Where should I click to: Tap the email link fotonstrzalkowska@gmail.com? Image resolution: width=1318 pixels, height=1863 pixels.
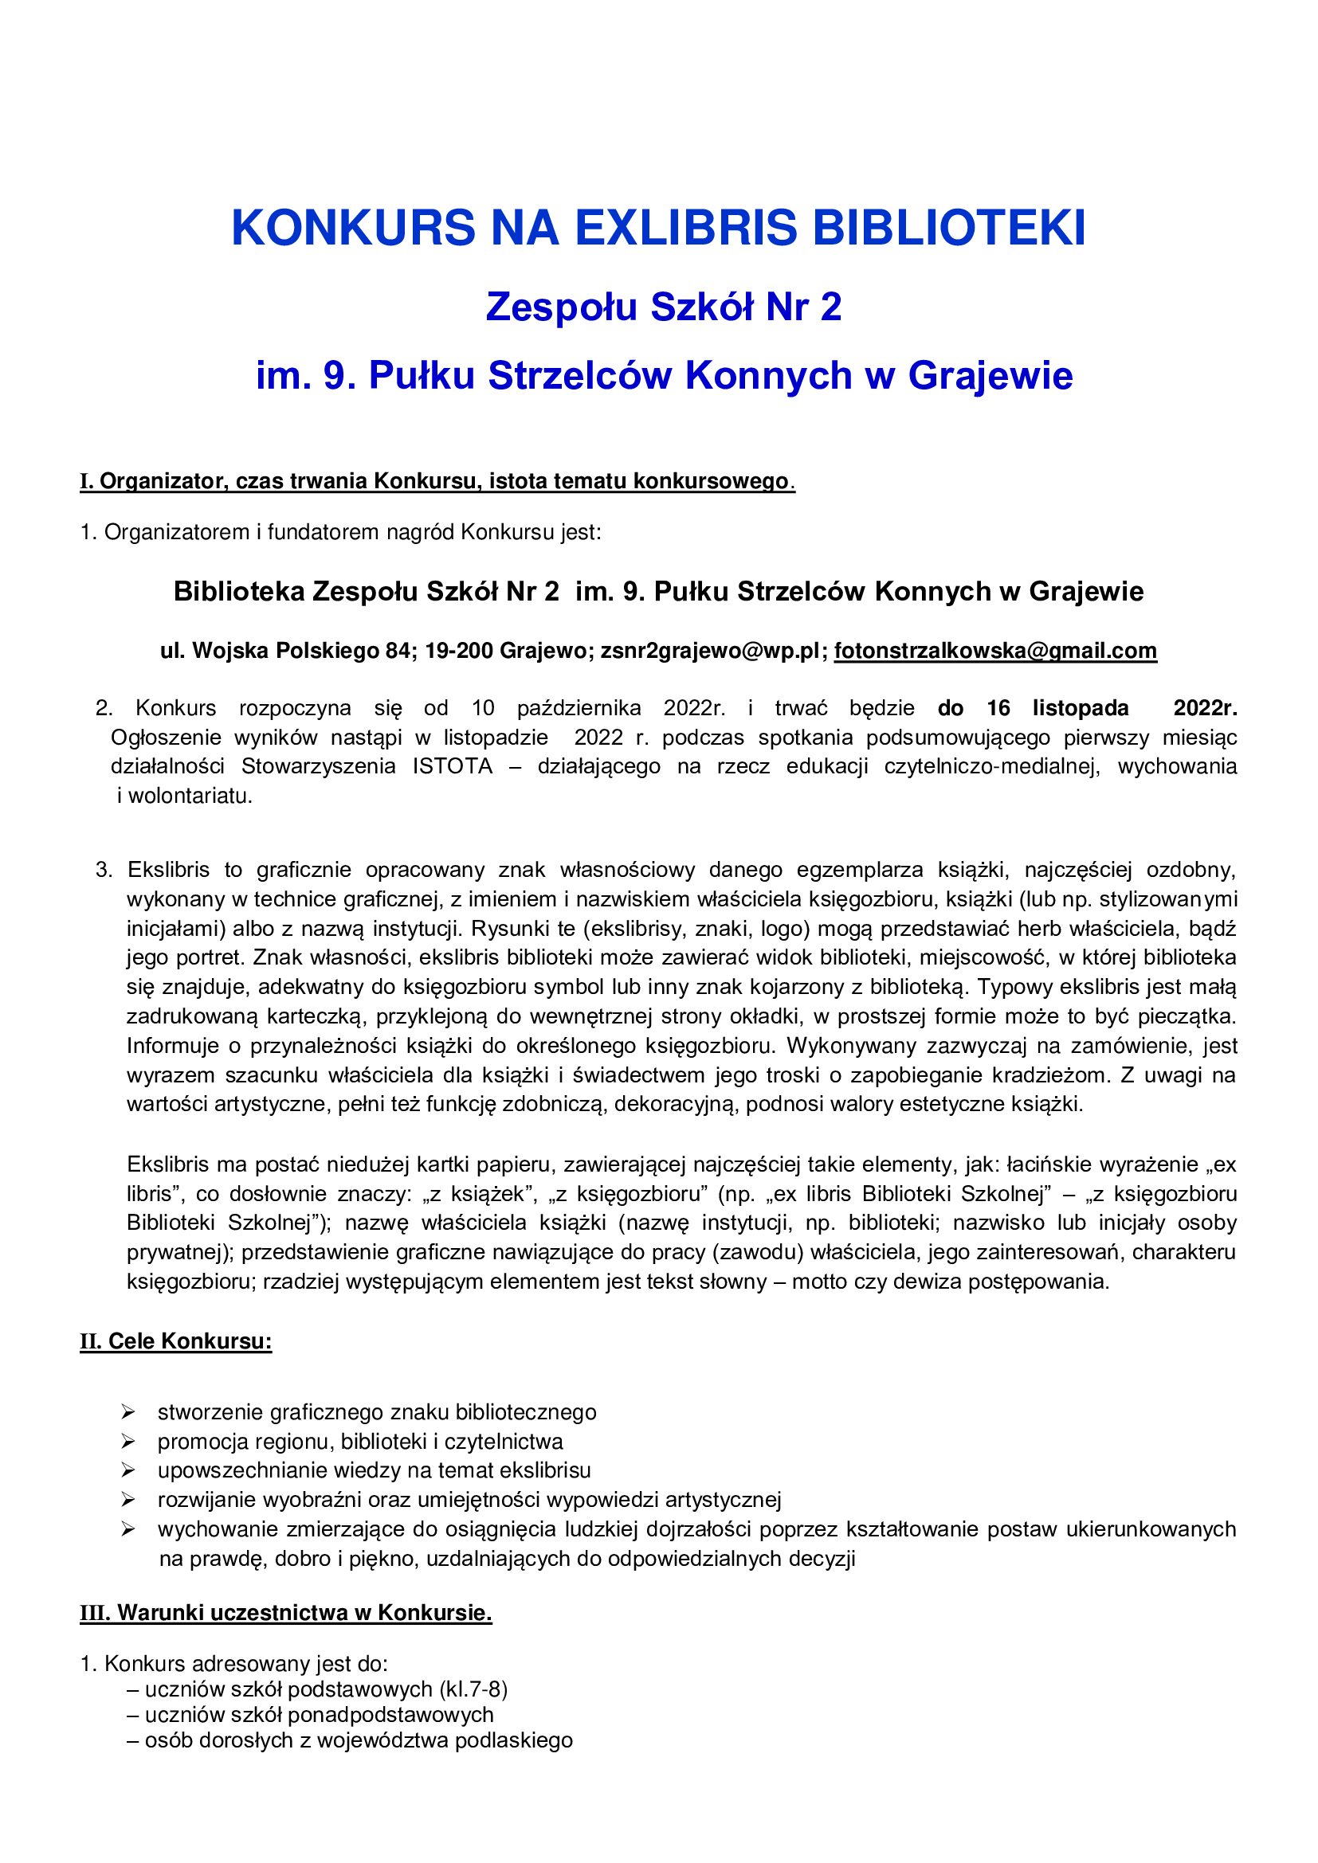pos(995,651)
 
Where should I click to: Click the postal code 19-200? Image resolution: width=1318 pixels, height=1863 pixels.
pos(457,651)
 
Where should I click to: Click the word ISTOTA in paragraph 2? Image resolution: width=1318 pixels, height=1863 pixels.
pos(452,767)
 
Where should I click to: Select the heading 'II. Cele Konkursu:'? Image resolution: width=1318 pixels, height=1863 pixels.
pos(175,1341)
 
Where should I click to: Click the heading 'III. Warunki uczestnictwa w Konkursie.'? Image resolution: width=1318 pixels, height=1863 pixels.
pos(286,1612)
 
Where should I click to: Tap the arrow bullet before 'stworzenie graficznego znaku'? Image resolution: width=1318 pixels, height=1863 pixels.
pos(128,1413)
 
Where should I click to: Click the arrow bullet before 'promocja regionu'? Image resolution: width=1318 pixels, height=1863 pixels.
pos(128,1442)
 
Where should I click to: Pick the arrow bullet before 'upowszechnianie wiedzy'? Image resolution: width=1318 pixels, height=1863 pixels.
pos(128,1470)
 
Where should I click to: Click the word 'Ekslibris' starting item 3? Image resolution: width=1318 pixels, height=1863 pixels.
pos(169,871)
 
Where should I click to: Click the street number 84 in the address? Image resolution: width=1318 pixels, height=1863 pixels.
pos(398,651)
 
